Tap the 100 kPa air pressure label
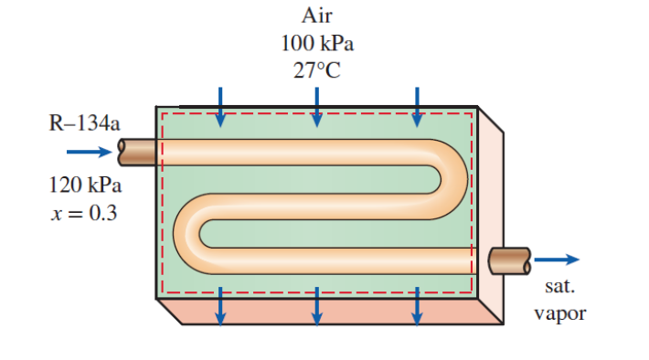coord(316,43)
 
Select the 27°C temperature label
coord(316,72)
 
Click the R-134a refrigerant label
coord(83,124)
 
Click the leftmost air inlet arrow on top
coord(219,107)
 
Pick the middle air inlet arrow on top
coord(316,107)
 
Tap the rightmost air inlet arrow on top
coord(417,107)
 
